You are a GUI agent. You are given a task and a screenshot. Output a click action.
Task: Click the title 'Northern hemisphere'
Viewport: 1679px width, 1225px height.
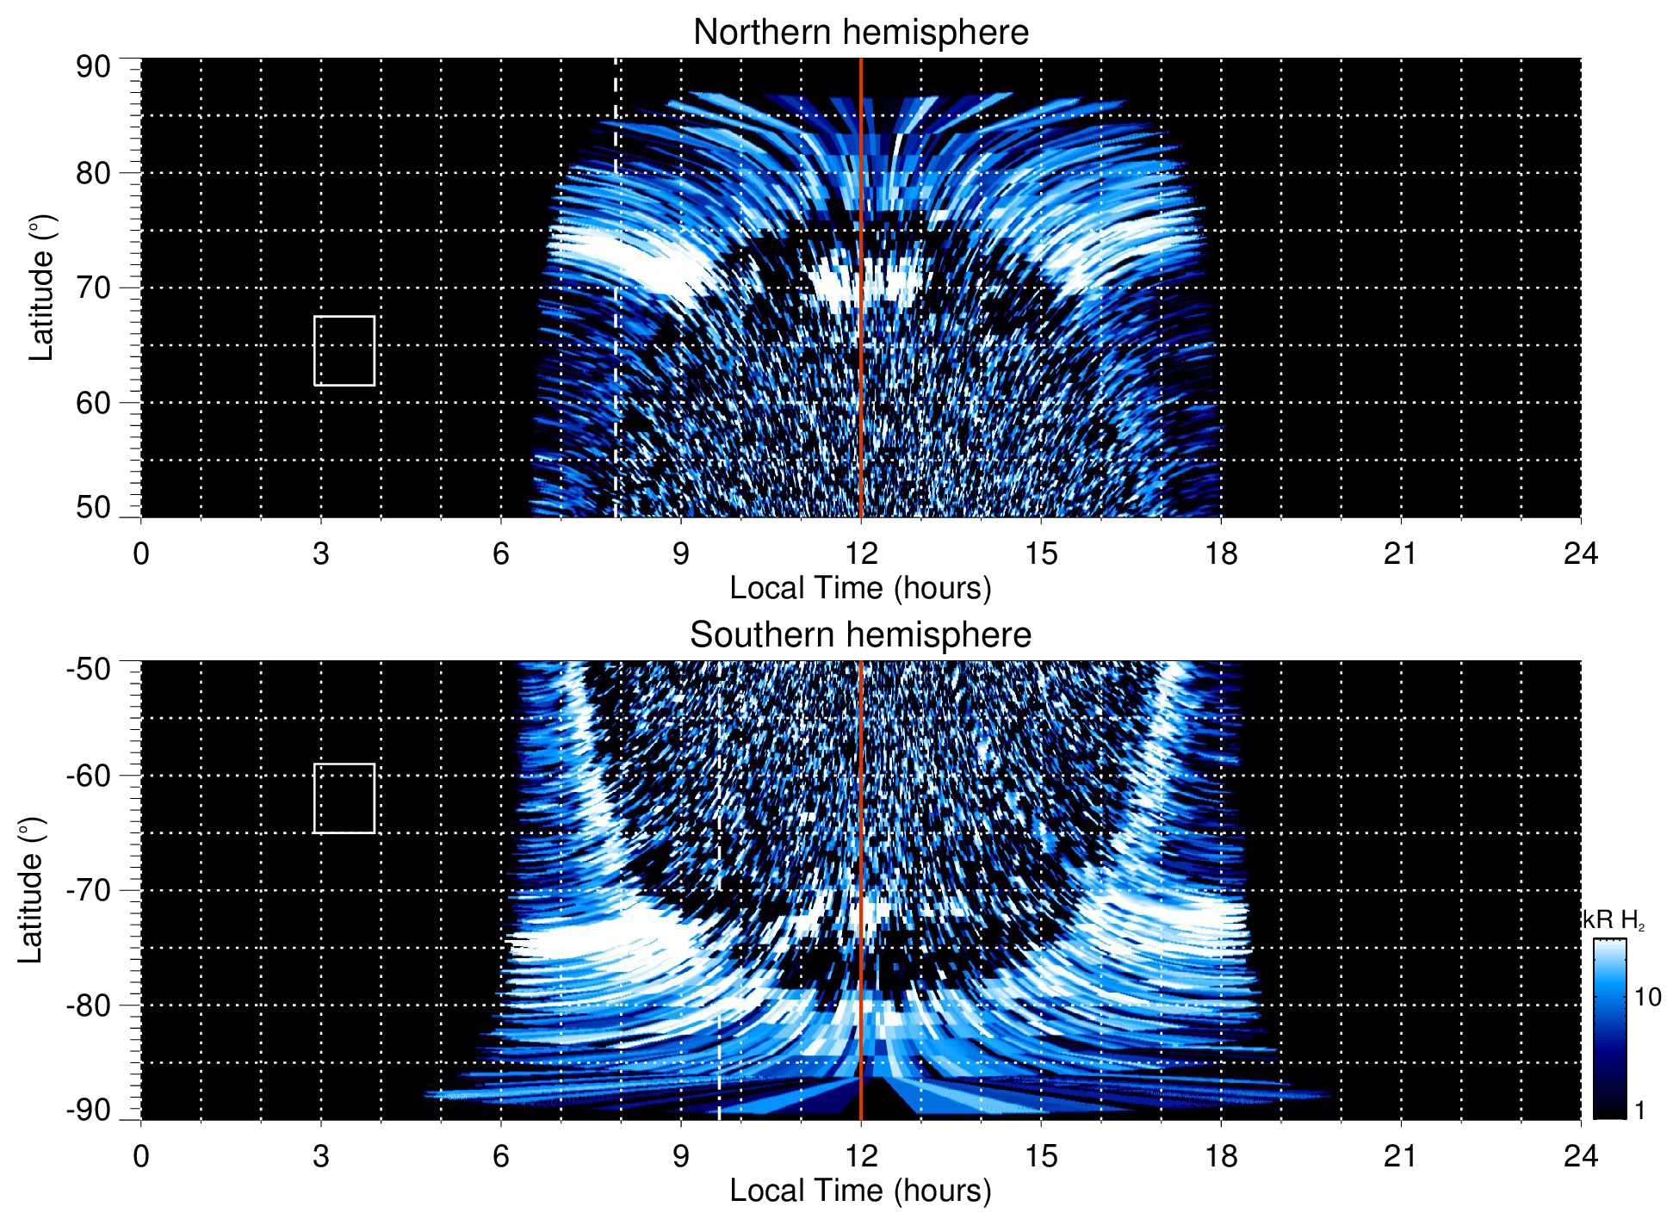[x=860, y=33]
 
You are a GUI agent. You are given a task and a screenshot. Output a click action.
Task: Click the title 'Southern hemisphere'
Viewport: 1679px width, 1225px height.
[x=860, y=635]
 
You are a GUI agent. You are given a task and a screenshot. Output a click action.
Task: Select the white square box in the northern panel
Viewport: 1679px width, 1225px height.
[x=344, y=350]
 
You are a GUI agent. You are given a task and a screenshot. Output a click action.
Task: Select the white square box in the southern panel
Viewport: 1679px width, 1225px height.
[x=344, y=798]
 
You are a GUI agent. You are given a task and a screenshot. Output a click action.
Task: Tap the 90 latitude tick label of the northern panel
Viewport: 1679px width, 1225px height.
[x=93, y=67]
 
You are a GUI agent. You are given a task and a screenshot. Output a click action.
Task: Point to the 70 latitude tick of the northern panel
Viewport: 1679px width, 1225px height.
[x=93, y=288]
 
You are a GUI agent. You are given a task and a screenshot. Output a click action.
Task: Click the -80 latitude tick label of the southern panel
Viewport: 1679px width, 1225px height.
[x=89, y=1005]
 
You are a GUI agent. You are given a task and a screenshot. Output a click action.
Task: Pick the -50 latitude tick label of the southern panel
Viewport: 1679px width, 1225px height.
[x=89, y=669]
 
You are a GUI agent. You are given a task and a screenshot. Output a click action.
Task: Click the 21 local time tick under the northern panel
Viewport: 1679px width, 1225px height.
[x=1400, y=554]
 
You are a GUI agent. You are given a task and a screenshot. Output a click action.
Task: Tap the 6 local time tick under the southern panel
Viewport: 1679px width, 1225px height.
[x=501, y=1156]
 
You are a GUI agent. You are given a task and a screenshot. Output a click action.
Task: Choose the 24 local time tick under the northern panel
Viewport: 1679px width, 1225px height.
[x=1580, y=554]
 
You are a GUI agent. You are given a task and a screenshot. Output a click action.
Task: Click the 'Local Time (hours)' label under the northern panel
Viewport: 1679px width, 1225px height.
[x=860, y=588]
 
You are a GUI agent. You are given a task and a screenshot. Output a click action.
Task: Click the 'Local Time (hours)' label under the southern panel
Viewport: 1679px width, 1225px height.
[x=860, y=1191]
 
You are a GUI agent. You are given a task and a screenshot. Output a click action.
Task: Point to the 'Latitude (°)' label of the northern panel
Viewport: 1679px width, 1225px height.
[x=41, y=288]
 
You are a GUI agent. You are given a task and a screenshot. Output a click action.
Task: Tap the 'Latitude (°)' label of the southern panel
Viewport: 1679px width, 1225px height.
[x=31, y=890]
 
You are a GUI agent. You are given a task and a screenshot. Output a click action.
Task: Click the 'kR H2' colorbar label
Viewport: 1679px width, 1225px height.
[x=1613, y=920]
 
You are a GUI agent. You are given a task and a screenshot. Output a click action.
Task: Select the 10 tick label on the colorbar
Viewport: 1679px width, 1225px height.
[x=1647, y=998]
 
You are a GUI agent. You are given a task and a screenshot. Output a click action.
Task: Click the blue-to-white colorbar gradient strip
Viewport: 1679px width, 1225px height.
[x=1608, y=1029]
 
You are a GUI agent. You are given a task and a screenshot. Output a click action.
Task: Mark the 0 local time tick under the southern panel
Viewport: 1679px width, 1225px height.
[x=141, y=1156]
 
